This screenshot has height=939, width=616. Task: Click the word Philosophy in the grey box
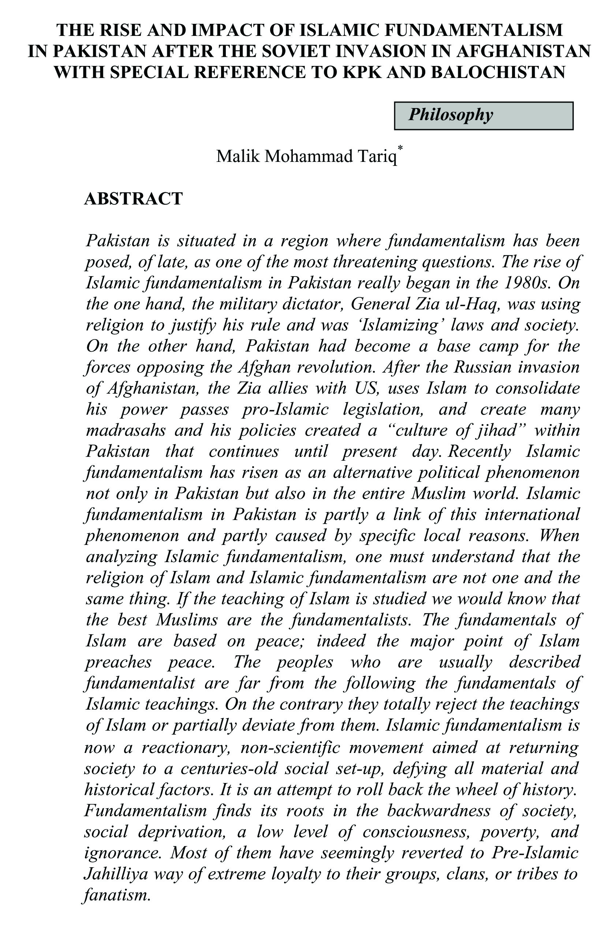tap(450, 115)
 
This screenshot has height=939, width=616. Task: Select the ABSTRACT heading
tap(133, 198)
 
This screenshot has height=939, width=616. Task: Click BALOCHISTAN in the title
tap(498, 72)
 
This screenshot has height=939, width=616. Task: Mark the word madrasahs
tap(126, 430)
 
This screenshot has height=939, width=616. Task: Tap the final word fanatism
tap(117, 895)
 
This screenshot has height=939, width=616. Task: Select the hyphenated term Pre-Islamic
tap(535, 853)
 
